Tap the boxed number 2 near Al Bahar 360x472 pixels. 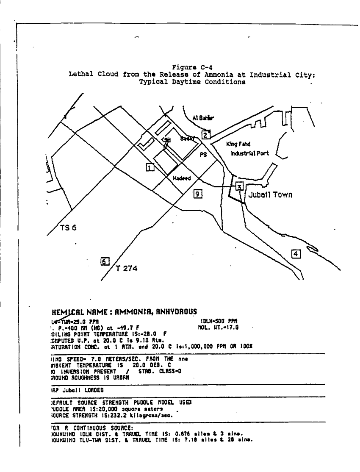[205, 135]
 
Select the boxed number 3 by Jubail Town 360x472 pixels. [239, 187]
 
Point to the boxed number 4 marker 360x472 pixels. [296, 253]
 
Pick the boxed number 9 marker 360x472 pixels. [197, 194]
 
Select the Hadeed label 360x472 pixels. [182, 178]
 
